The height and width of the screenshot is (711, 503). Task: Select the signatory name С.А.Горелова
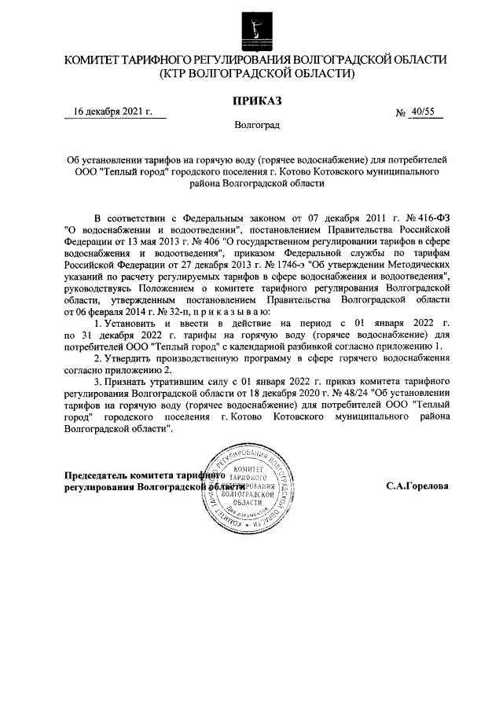tap(417, 486)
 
